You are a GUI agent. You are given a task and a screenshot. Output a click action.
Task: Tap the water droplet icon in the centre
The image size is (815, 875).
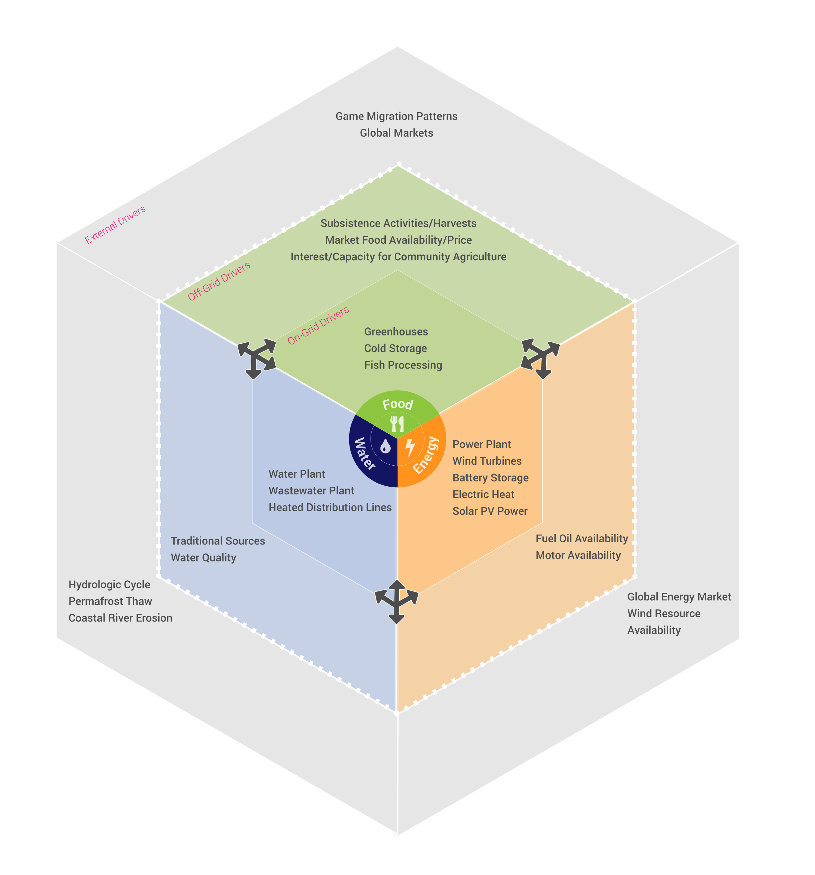click(385, 446)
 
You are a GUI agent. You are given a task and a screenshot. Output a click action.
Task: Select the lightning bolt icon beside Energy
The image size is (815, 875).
click(410, 447)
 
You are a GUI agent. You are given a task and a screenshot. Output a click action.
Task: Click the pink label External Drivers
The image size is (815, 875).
click(115, 225)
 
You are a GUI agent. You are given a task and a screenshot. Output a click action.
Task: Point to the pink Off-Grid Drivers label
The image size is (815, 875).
click(219, 281)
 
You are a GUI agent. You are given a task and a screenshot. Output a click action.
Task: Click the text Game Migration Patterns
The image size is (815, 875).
click(397, 116)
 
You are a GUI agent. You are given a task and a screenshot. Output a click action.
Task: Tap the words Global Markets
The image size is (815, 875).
click(397, 133)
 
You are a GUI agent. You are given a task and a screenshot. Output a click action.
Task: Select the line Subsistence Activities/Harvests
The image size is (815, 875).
click(398, 223)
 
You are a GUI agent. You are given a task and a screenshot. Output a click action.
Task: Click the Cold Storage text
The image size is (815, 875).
click(395, 348)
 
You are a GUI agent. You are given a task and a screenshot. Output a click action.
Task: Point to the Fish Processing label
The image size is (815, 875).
click(403, 365)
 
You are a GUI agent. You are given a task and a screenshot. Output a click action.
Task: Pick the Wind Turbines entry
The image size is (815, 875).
click(487, 461)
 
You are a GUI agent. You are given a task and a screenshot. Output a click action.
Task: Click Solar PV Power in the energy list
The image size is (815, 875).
click(490, 511)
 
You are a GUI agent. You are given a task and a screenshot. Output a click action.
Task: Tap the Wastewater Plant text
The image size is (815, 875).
click(311, 491)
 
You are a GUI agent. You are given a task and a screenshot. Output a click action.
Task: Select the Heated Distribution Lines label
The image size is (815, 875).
click(330, 507)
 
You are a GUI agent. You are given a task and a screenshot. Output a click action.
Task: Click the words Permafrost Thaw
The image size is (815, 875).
click(110, 601)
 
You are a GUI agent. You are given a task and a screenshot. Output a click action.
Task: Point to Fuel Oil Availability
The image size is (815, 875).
click(581, 538)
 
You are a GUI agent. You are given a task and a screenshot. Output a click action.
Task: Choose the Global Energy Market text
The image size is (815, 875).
click(679, 597)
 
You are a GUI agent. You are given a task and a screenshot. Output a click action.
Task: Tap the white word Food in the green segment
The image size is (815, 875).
click(397, 404)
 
